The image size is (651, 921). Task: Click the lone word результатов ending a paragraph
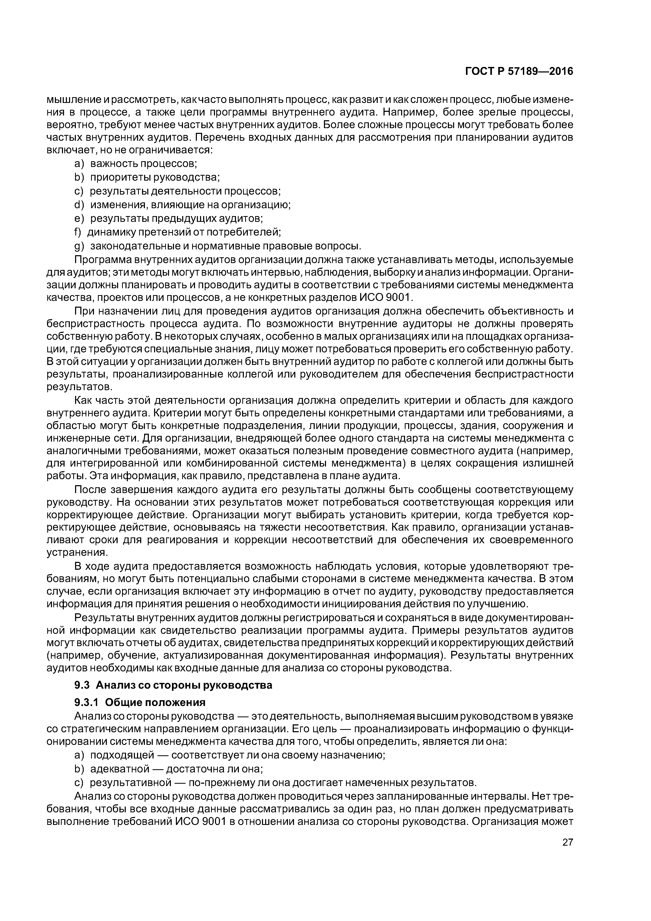coord(77,387)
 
